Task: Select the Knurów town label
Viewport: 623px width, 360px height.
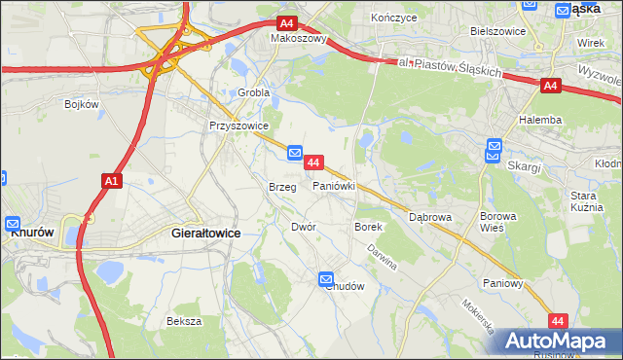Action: (30, 234)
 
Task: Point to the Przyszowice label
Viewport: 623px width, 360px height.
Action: (232, 126)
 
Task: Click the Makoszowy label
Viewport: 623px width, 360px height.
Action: (298, 40)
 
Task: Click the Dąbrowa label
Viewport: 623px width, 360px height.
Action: (430, 218)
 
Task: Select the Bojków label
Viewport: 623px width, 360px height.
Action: (83, 103)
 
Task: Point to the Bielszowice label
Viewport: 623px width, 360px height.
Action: (497, 31)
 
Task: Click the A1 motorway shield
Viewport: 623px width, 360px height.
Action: (110, 180)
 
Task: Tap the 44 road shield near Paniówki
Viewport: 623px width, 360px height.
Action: (313, 161)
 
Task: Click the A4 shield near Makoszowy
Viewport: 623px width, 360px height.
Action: (285, 23)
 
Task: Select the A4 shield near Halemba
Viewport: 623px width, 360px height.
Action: (550, 87)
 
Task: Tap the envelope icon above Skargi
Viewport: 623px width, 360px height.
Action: (494, 150)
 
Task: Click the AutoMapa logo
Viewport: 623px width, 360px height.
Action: (556, 342)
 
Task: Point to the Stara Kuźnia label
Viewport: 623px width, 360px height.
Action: (588, 202)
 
